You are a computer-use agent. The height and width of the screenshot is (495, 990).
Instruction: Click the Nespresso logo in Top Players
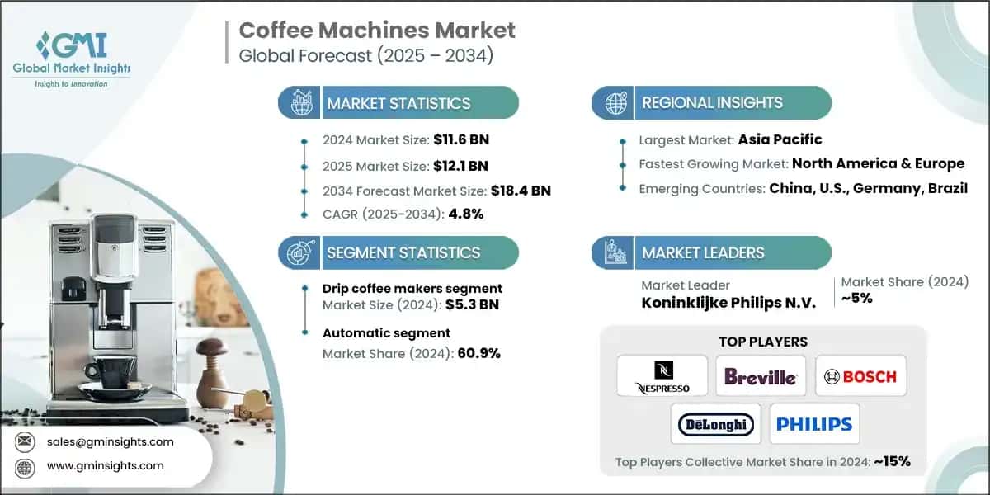[x=662, y=376]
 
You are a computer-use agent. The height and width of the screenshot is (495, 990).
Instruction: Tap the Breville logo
[x=761, y=376]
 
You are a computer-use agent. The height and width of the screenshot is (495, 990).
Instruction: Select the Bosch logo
[x=860, y=376]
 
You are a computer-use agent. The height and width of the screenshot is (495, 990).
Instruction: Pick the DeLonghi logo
[x=715, y=424]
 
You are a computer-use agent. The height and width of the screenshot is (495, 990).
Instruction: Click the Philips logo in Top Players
[x=813, y=424]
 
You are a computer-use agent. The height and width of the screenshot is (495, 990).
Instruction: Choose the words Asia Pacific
[x=780, y=139]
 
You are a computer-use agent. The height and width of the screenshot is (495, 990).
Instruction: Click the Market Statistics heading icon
[x=299, y=103]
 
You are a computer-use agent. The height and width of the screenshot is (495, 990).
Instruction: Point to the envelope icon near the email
[x=26, y=442]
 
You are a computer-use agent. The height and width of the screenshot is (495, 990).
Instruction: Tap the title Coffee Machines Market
[x=376, y=31]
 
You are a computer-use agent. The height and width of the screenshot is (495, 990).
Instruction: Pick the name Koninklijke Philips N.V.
[x=728, y=302]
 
